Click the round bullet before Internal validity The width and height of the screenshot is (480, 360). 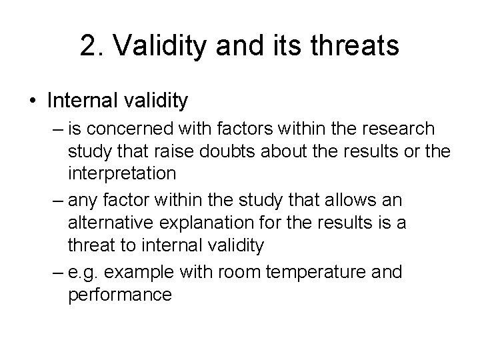coord(33,101)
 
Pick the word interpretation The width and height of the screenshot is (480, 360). coord(122,173)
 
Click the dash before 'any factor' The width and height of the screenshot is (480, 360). coord(55,199)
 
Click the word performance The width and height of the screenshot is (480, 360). coord(120,294)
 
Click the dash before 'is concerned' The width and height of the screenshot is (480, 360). coord(55,129)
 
